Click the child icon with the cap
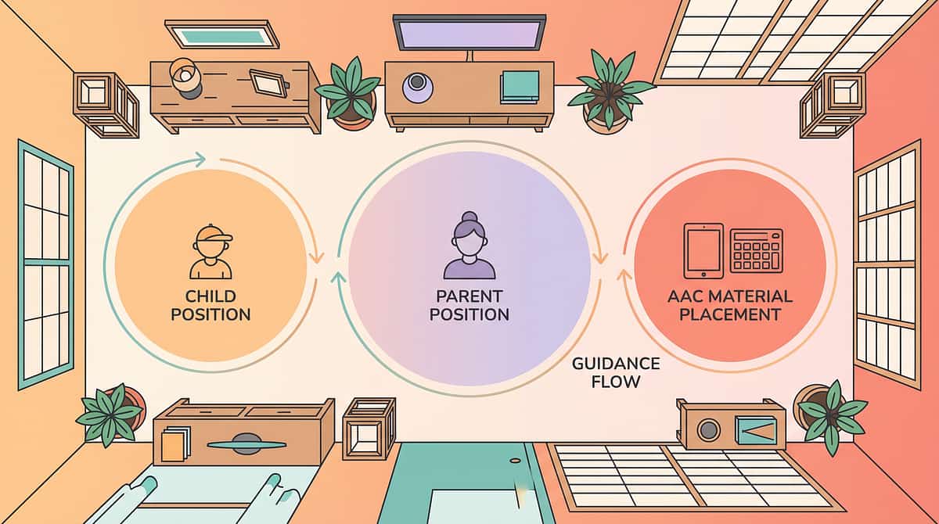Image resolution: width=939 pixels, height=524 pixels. tap(210, 252)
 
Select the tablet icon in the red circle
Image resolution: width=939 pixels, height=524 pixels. tap(703, 251)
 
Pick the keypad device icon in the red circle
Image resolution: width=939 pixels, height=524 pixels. tap(756, 251)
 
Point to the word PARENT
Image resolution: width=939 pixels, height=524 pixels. tap(469, 296)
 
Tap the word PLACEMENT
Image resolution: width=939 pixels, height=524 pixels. tap(730, 314)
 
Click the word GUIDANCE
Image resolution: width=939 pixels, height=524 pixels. tap(616, 364)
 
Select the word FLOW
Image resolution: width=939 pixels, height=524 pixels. tap(615, 382)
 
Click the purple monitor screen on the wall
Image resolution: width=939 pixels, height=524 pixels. tap(469, 33)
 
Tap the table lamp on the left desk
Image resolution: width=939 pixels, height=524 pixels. tap(185, 78)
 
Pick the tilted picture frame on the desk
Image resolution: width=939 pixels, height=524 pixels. tap(268, 83)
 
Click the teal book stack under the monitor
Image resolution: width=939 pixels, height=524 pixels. tap(520, 87)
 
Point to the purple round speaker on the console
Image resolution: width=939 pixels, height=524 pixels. tap(416, 87)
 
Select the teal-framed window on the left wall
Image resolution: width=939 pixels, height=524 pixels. tap(45, 264)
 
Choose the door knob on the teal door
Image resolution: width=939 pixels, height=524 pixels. tap(515, 461)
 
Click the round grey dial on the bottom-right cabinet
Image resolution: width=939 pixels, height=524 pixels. tap(708, 429)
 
